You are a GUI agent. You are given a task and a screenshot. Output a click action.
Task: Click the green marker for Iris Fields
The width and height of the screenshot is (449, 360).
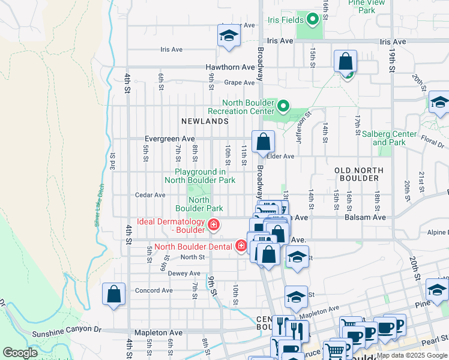pyautogui.click(x=312, y=20)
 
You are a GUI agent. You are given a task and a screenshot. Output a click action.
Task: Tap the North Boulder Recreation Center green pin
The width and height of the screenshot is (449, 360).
pyautogui.click(x=284, y=107)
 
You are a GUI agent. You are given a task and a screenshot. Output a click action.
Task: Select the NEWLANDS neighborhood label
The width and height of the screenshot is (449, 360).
pyautogui.click(x=205, y=121)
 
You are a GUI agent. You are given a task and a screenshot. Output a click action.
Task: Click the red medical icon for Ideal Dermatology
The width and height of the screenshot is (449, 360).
pyautogui.click(x=213, y=226)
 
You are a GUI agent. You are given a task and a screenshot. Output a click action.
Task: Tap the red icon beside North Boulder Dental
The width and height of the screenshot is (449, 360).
pyautogui.click(x=241, y=246)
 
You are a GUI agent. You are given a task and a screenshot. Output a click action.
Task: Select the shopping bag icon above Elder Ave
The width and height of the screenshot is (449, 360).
pyautogui.click(x=263, y=143)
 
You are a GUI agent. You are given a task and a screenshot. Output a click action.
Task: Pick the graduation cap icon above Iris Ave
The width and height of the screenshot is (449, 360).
pyautogui.click(x=228, y=37)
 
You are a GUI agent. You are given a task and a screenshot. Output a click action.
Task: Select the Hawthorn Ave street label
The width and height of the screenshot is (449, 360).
pyautogui.click(x=230, y=67)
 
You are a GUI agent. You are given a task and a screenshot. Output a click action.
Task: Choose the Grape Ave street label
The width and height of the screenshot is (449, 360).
pyautogui.click(x=240, y=83)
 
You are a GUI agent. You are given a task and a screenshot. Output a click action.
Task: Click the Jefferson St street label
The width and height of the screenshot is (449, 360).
pyautogui.click(x=303, y=127)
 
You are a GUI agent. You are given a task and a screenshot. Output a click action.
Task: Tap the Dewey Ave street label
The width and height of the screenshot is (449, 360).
pyautogui.click(x=184, y=273)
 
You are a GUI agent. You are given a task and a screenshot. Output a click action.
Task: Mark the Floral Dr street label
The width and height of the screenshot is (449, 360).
pyautogui.click(x=432, y=143)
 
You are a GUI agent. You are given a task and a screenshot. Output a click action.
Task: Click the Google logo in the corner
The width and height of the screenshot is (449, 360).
pyautogui.click(x=20, y=353)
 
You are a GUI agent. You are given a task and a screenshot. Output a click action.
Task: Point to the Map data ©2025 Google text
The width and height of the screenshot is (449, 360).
pyautogui.click(x=411, y=355)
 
